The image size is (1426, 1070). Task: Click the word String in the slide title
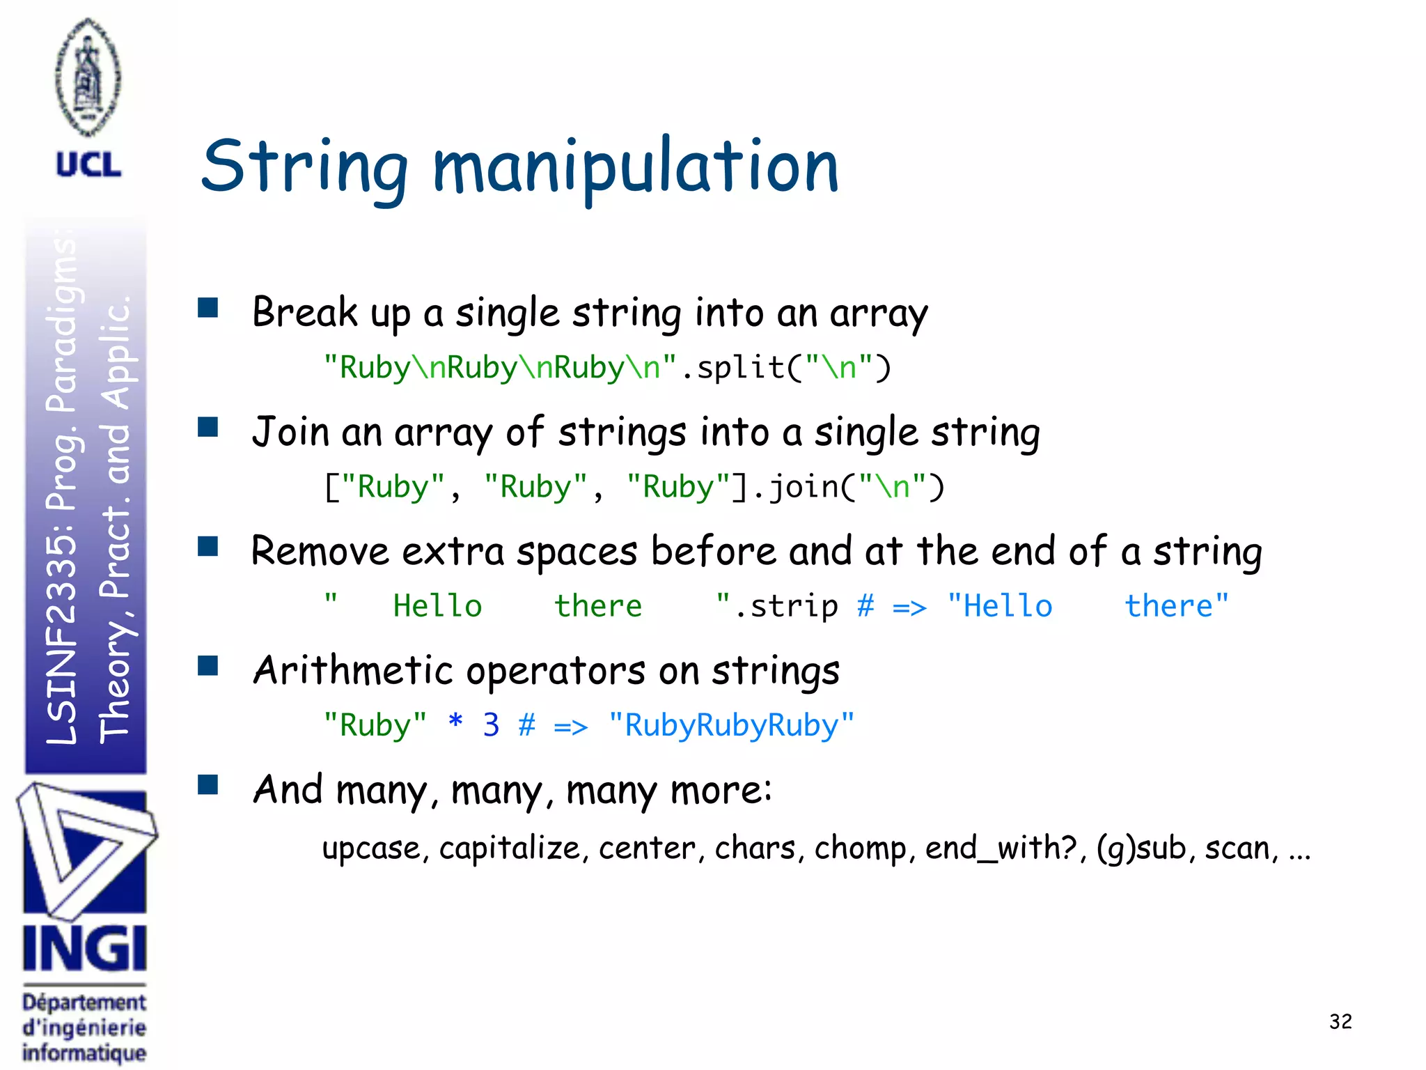pos(304,167)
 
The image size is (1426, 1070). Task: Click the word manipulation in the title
pos(635,167)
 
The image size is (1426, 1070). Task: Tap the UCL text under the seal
pos(88,165)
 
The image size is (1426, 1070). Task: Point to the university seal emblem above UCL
pos(88,77)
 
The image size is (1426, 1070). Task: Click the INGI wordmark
pos(84,948)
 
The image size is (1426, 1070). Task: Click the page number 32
pos(1340,1021)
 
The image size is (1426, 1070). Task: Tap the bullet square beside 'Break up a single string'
pos(207,308)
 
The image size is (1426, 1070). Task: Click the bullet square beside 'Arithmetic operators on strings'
pos(207,666)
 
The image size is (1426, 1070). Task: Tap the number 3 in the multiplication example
pos(491,725)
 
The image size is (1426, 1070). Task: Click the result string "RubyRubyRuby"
pos(731,725)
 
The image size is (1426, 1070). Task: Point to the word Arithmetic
pos(353,670)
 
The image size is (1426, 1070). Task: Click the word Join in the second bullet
pos(290,432)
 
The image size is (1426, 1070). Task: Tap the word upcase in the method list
pos(372,848)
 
